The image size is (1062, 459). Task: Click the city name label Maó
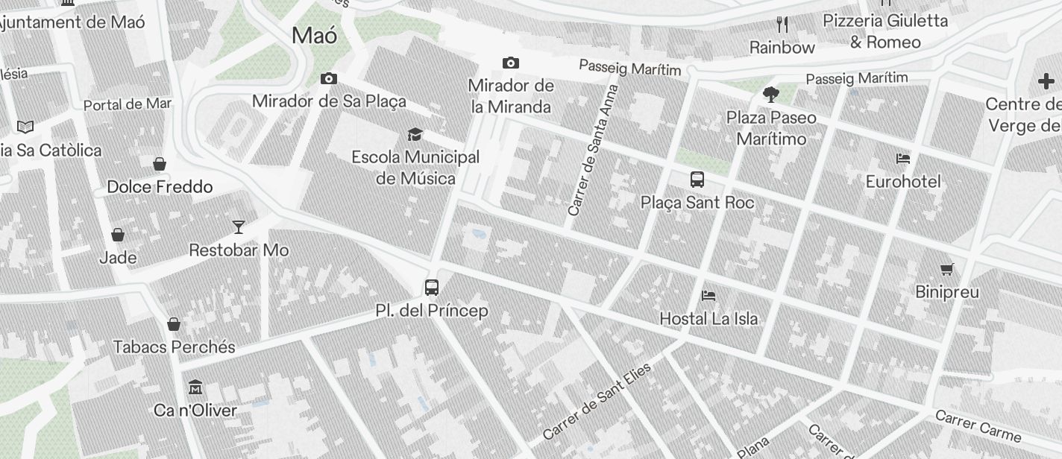(314, 35)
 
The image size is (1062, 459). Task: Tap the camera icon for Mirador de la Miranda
(511, 63)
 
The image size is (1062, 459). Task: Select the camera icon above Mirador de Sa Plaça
(329, 78)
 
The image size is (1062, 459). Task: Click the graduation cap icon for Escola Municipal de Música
(415, 134)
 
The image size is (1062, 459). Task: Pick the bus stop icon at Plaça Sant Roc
(697, 179)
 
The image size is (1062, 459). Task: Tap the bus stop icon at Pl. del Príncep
(432, 287)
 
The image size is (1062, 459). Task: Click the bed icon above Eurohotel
(902, 158)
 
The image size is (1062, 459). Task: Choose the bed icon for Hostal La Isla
(708, 295)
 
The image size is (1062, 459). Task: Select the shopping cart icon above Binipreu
(946, 269)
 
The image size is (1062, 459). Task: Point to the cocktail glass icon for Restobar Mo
(239, 227)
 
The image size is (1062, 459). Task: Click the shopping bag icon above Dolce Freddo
(160, 163)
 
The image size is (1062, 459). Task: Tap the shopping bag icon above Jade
(118, 235)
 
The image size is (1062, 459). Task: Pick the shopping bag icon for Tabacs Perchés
(174, 323)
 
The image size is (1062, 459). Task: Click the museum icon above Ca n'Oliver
(195, 387)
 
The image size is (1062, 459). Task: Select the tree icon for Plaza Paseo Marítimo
(771, 95)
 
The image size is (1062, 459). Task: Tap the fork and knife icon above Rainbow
(782, 25)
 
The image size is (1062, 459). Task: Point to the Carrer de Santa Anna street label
(594, 150)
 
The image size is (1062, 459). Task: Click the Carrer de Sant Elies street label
(597, 401)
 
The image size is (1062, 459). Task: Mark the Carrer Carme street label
(978, 424)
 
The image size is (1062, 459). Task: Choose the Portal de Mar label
(128, 104)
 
